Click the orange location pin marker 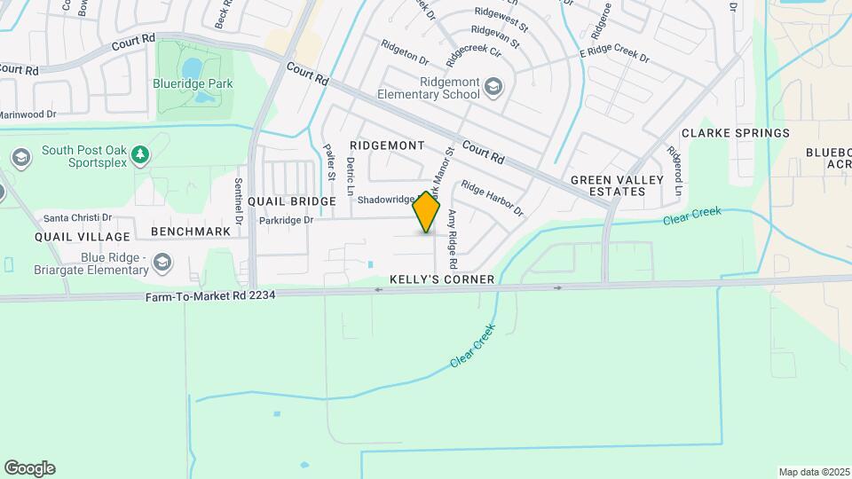click(427, 212)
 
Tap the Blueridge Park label click(196, 84)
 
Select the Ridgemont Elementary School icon click(493, 87)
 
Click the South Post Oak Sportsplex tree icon click(139, 156)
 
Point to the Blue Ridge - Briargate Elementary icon click(162, 262)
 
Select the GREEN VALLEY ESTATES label click(617, 185)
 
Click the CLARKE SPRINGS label click(735, 133)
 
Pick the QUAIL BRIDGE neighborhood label click(291, 201)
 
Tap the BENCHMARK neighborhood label click(191, 232)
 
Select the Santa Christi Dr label click(78, 217)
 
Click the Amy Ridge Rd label click(452, 239)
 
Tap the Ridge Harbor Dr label click(492, 199)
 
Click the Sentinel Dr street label click(239, 200)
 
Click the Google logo click(29, 467)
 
